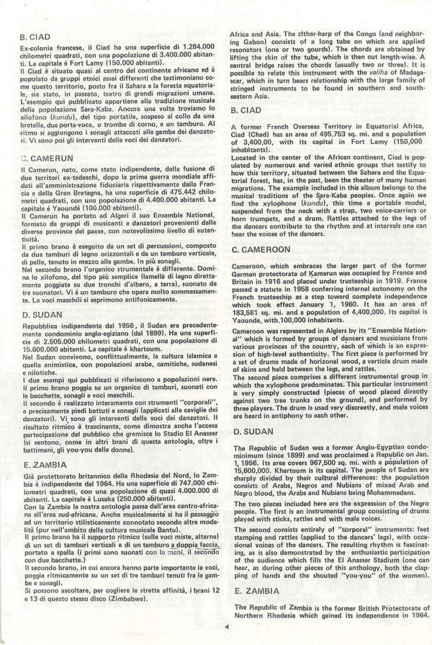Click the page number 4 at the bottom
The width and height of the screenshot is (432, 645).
pos(225,626)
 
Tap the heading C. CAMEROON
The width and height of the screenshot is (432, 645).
pos(265,249)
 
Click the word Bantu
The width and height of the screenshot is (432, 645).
pos(140,533)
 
